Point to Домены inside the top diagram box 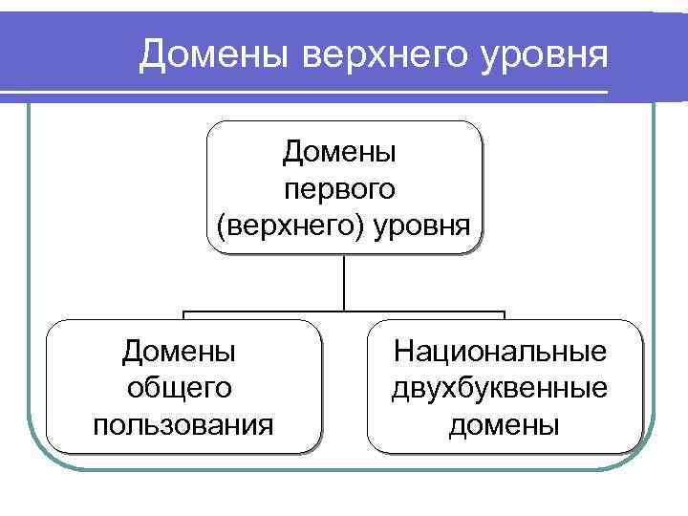click(x=341, y=150)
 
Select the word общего click(x=179, y=387)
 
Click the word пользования click(x=183, y=422)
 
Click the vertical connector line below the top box click(x=343, y=283)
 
